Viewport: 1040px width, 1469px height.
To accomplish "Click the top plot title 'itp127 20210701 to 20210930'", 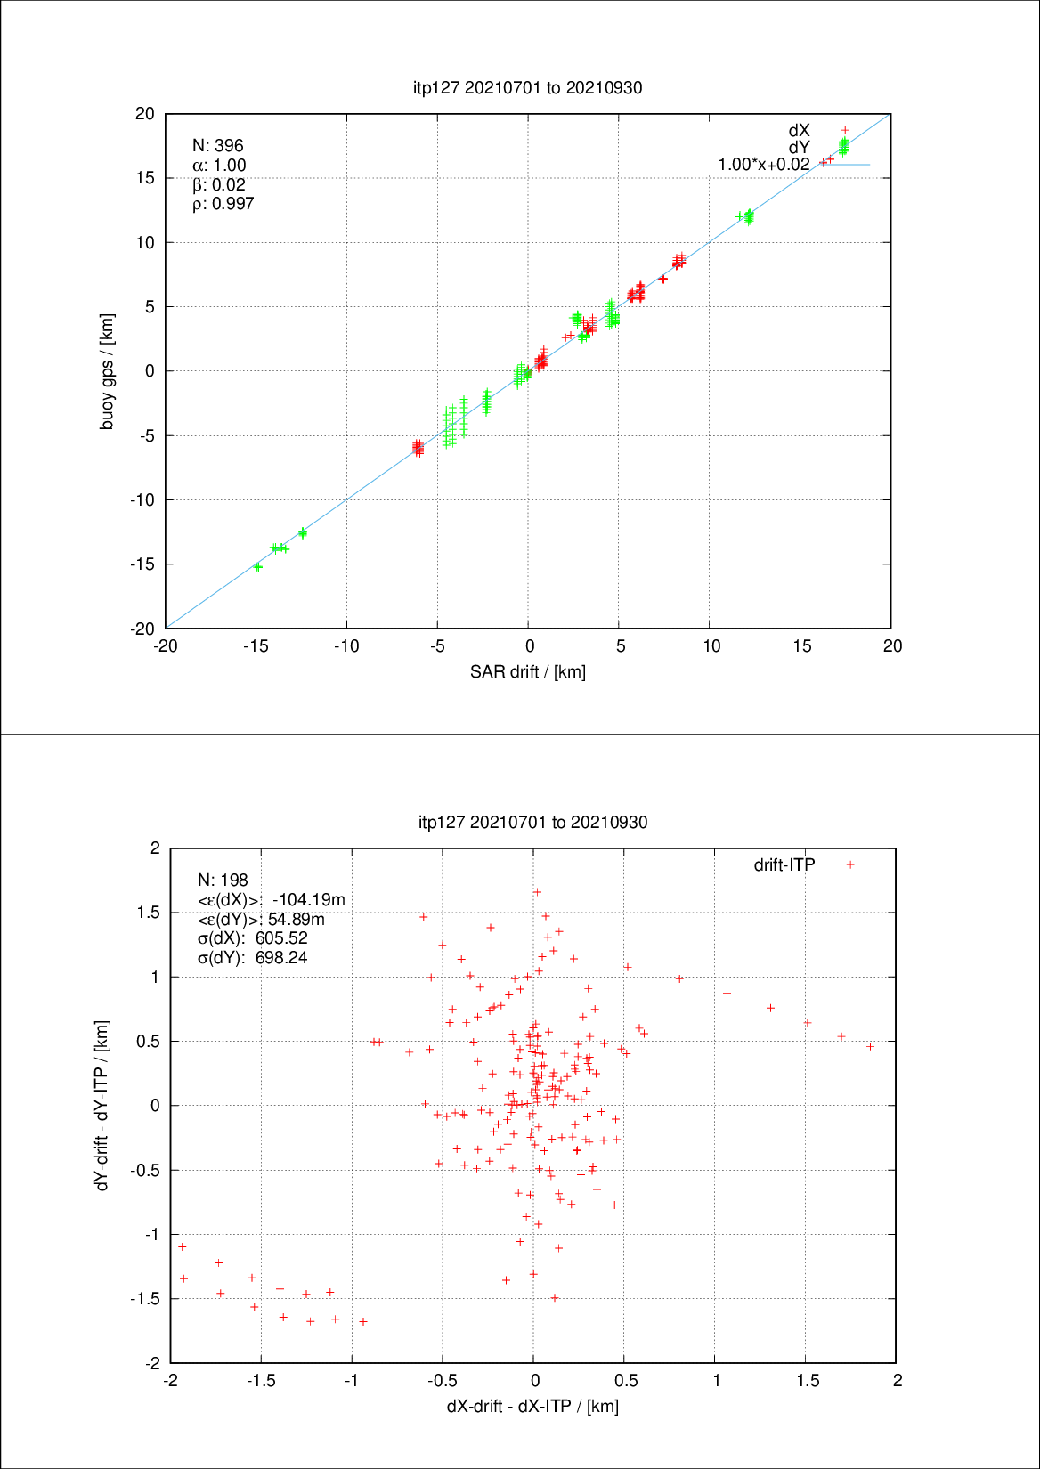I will tap(527, 87).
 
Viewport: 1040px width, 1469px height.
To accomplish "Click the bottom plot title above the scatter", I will tap(532, 822).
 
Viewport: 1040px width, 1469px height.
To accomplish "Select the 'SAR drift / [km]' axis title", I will tap(527, 671).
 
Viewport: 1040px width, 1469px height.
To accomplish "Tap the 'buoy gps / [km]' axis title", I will tap(107, 371).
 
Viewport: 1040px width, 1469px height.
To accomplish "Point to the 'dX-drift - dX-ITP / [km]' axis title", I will tap(532, 1406).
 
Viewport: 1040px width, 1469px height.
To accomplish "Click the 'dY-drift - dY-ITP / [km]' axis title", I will tap(102, 1105).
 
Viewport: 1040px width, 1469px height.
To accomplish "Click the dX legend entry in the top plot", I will tap(799, 131).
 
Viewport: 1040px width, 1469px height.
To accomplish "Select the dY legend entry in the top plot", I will tap(799, 148).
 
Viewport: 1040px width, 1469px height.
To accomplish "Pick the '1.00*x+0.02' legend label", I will tap(764, 165).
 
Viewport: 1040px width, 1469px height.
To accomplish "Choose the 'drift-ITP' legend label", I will tap(784, 864).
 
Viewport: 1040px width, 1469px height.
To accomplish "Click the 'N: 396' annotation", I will tap(217, 146).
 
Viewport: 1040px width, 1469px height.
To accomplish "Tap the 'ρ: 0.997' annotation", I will tap(223, 204).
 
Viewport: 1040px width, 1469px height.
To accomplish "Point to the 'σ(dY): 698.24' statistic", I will tap(252, 958).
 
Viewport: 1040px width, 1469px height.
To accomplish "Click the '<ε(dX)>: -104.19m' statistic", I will tap(271, 900).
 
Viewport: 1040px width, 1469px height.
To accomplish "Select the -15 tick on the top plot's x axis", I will tap(256, 646).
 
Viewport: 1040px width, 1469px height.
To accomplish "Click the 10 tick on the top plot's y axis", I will tap(145, 242).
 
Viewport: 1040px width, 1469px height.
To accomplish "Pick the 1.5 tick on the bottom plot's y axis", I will tap(148, 913).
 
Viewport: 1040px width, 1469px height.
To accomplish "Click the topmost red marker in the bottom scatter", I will tap(537, 892).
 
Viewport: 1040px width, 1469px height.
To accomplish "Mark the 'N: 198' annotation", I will tap(223, 881).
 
